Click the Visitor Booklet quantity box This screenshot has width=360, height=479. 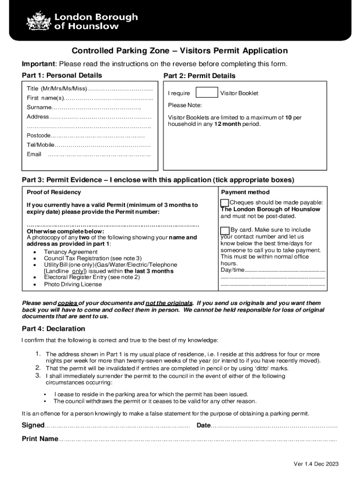[206, 93]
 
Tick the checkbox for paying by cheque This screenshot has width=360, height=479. [225, 203]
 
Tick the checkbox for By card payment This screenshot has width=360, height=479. [225, 230]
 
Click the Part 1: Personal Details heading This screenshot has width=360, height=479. [62, 75]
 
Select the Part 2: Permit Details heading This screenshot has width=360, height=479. [199, 76]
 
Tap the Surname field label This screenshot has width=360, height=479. [39, 108]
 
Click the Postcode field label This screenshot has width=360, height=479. [38, 136]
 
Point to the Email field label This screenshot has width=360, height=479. [34, 154]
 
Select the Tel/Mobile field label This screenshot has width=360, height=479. [41, 145]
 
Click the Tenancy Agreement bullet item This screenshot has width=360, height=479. [71, 252]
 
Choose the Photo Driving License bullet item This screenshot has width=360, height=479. [72, 284]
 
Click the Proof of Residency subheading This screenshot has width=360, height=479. [54, 192]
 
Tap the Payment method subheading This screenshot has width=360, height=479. [245, 192]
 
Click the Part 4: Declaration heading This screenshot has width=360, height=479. [54, 329]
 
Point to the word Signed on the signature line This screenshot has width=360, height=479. [33, 425]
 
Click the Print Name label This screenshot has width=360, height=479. [40, 439]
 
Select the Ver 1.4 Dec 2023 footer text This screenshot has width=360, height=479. [316, 464]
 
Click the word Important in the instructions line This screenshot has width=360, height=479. [39, 64]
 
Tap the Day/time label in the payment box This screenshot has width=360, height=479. [232, 270]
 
